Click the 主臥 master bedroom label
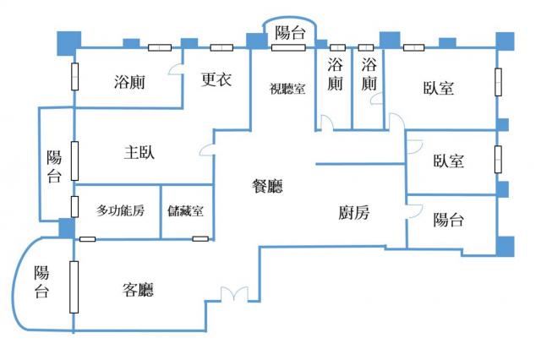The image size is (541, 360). (139, 152)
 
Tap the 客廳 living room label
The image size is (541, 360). (138, 290)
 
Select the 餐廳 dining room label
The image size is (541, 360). (268, 186)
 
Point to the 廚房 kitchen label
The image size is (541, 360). (354, 212)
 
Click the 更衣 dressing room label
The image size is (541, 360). (216, 79)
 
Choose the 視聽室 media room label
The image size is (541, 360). (287, 89)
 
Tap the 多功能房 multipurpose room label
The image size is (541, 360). (120, 210)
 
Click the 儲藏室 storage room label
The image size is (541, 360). (186, 210)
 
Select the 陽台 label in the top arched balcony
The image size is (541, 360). (291, 33)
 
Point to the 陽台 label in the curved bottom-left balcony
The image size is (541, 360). (41, 281)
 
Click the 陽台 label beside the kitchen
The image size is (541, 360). (449, 220)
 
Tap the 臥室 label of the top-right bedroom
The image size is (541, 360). (439, 88)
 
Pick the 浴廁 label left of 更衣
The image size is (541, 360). (129, 82)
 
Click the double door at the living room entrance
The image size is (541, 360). (235, 293)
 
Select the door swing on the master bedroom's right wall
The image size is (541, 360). (207, 150)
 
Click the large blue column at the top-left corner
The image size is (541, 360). (69, 43)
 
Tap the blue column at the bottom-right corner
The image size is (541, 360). (505, 246)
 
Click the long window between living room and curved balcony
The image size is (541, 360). (74, 287)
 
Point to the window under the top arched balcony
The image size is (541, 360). (288, 47)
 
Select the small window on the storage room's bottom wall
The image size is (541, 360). (200, 238)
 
